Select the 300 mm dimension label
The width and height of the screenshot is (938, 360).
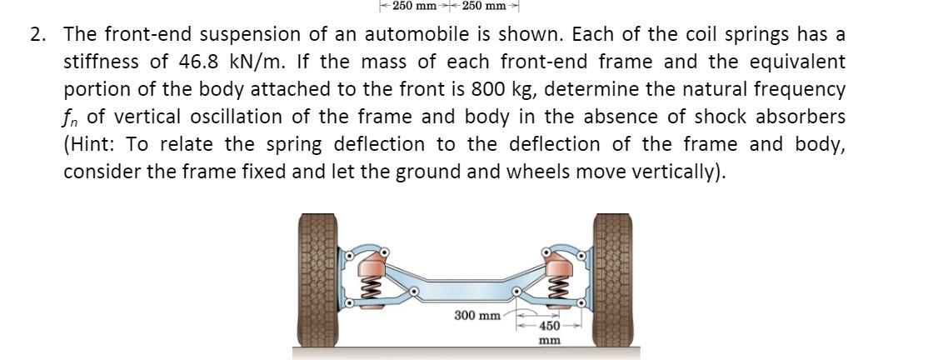click(x=477, y=316)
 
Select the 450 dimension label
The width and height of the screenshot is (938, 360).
click(x=548, y=326)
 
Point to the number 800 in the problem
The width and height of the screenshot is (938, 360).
click(x=487, y=89)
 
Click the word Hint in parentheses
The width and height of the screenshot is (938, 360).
click(x=92, y=144)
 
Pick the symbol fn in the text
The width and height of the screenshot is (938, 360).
click(x=72, y=117)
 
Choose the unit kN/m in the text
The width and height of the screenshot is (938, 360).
click(x=251, y=62)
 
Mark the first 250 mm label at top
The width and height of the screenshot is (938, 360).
click(x=414, y=7)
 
